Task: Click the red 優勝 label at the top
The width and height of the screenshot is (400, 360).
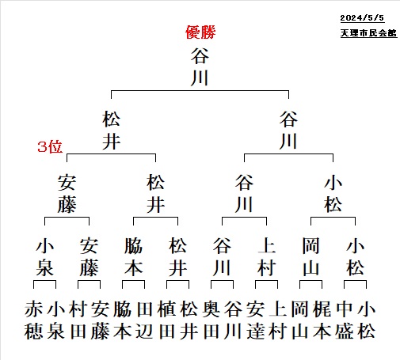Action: [200, 32]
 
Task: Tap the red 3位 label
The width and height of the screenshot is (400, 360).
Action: [50, 146]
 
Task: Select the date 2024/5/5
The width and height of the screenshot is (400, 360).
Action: [362, 17]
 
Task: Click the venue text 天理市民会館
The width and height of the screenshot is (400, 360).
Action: [368, 32]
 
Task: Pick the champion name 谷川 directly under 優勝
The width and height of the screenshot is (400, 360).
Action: [200, 66]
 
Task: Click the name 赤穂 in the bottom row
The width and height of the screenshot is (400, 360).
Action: [33, 320]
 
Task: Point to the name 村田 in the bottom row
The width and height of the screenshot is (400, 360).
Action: [78, 320]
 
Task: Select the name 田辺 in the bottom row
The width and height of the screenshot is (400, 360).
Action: [145, 320]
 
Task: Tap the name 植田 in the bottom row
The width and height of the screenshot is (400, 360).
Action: [167, 320]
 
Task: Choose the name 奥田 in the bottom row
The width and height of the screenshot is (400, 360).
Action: [211, 320]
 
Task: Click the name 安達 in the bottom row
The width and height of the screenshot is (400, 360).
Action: [256, 320]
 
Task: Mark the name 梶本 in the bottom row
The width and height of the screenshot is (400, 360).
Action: [322, 320]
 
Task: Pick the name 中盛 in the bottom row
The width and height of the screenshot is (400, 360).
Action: [345, 320]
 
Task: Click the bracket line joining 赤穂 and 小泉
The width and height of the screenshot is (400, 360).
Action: [44, 281]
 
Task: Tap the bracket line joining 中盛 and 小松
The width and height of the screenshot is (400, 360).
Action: [355, 281]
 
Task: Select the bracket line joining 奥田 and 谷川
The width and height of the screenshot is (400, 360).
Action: [222, 281]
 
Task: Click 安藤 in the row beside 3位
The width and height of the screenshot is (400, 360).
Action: [67, 193]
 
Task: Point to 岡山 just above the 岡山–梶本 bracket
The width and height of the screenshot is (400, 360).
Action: [310, 256]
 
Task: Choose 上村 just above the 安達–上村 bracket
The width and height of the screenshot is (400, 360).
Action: [266, 256]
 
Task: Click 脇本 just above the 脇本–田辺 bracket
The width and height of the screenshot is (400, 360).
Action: [133, 256]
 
